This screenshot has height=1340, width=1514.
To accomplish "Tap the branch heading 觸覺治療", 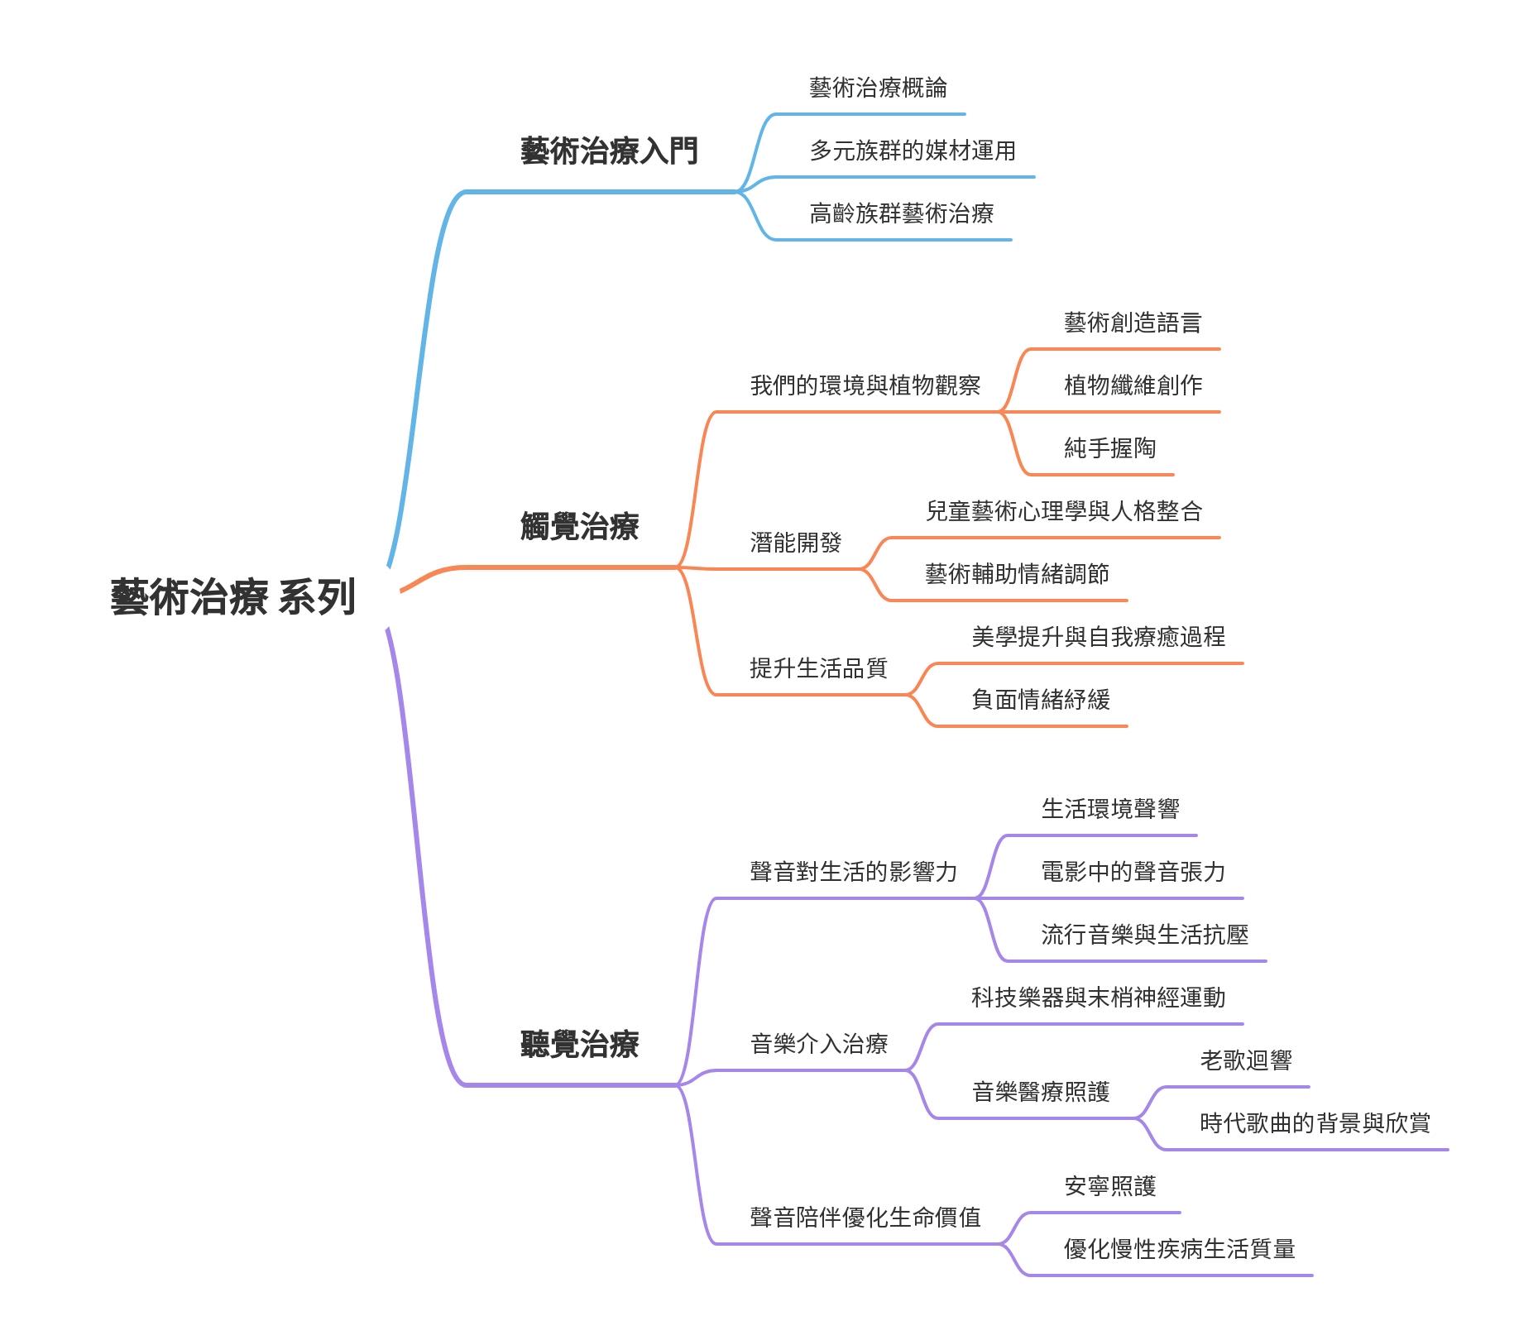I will [x=579, y=527].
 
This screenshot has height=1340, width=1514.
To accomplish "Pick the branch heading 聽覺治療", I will [x=579, y=1045].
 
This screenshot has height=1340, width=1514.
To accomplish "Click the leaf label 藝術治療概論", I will [x=878, y=88].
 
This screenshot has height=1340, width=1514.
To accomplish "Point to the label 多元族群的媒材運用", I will [x=913, y=151].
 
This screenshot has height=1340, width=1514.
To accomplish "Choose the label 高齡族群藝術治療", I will [x=901, y=214].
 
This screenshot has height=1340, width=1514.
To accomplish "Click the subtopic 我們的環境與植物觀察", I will [x=865, y=385].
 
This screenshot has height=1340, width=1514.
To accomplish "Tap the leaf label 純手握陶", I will [x=1109, y=448].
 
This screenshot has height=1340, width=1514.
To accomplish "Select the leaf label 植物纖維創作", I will [x=1133, y=385].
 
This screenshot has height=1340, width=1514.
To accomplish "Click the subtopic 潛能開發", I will [x=795, y=543].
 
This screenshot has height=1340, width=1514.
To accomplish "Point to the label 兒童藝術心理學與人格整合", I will [x=1063, y=511].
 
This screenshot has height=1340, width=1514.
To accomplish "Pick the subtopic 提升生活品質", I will [x=818, y=668].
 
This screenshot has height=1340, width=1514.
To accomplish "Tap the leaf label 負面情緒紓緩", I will [x=1040, y=700].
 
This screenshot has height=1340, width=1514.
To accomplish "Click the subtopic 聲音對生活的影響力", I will [x=853, y=872].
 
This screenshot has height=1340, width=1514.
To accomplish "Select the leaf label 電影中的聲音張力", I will [x=1133, y=872].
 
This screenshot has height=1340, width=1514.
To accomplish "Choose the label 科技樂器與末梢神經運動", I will [x=1098, y=998].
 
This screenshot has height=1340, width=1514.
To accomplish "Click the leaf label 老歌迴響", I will [x=1245, y=1060].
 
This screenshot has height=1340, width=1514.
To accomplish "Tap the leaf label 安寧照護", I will [x=1109, y=1186].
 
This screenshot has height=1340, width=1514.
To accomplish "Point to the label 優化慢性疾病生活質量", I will [x=1179, y=1249].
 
